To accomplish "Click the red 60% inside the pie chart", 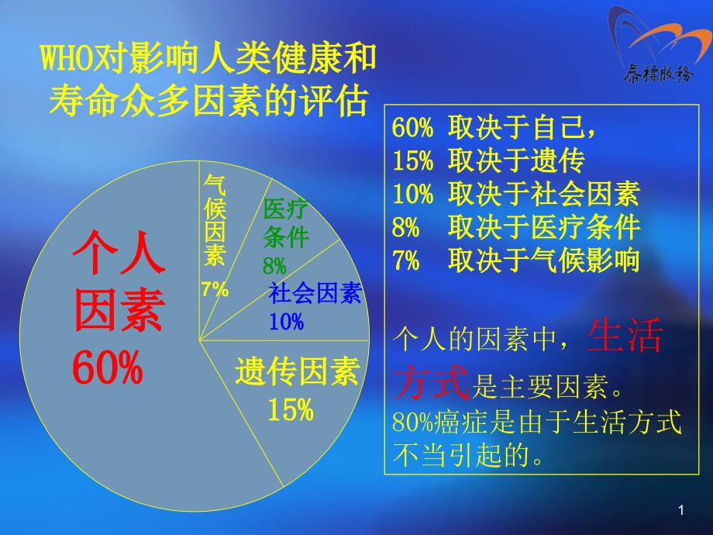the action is point(108,368).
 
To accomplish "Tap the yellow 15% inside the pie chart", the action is point(291,409).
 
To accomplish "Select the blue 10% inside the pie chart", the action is point(287,322).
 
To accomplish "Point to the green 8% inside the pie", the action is point(274,266).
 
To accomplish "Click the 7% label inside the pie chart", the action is point(215,289).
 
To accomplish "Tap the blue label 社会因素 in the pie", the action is point(315,292).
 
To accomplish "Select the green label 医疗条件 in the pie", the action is point(286,223).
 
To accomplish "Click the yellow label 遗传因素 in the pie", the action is point(298,371).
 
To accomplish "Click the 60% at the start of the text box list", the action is point(412,127).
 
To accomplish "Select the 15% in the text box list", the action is point(412,160).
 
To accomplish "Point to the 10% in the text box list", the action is point(412,194).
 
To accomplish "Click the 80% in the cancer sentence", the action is point(413,422).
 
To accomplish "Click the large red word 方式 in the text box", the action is point(432,382).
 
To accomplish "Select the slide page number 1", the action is point(681,510).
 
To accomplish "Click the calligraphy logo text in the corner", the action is point(659,74).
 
